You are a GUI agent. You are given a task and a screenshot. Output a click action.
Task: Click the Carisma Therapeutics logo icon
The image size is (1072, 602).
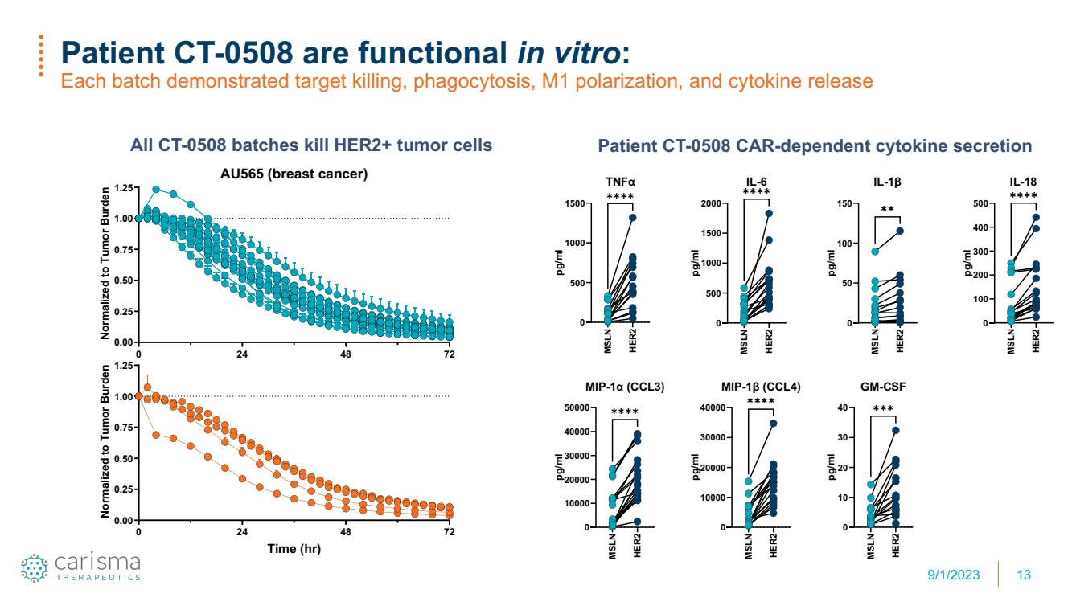[35, 568]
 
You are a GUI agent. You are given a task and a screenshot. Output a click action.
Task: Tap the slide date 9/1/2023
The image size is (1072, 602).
[953, 575]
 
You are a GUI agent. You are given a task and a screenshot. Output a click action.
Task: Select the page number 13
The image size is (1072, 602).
[1024, 575]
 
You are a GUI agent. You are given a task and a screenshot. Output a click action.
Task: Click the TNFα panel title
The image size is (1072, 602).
[620, 182]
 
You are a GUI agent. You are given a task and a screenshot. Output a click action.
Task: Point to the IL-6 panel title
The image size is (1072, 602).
[756, 182]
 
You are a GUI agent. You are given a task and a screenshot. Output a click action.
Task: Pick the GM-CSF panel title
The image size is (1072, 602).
[883, 387]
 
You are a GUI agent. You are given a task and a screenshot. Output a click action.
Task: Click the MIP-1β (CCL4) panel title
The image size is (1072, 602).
[761, 387]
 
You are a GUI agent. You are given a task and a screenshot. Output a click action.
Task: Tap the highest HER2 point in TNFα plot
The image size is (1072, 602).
[633, 218]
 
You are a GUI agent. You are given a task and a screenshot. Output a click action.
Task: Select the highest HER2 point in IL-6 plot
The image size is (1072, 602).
[769, 213]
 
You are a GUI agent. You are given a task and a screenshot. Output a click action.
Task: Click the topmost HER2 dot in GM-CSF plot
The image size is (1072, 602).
[896, 430]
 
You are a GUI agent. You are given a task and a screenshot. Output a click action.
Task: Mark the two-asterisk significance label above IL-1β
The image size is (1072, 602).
[887, 209]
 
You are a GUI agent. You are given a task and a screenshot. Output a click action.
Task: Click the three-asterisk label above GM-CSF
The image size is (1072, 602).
[883, 408]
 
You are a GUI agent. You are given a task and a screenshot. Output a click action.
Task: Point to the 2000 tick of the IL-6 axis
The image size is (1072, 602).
[711, 203]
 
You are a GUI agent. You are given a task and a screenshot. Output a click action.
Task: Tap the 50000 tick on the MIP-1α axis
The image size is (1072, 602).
[577, 407]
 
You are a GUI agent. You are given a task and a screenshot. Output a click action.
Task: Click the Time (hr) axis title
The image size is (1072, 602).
[294, 548]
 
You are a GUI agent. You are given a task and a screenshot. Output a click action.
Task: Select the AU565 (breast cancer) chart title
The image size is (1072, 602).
[294, 174]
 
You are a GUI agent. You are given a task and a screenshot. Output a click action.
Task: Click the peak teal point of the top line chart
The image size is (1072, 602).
[155, 190]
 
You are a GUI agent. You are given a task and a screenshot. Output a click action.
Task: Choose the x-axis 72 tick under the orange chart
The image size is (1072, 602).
[449, 532]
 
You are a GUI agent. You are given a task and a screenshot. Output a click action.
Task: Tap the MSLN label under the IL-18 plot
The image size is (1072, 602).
[1011, 341]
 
